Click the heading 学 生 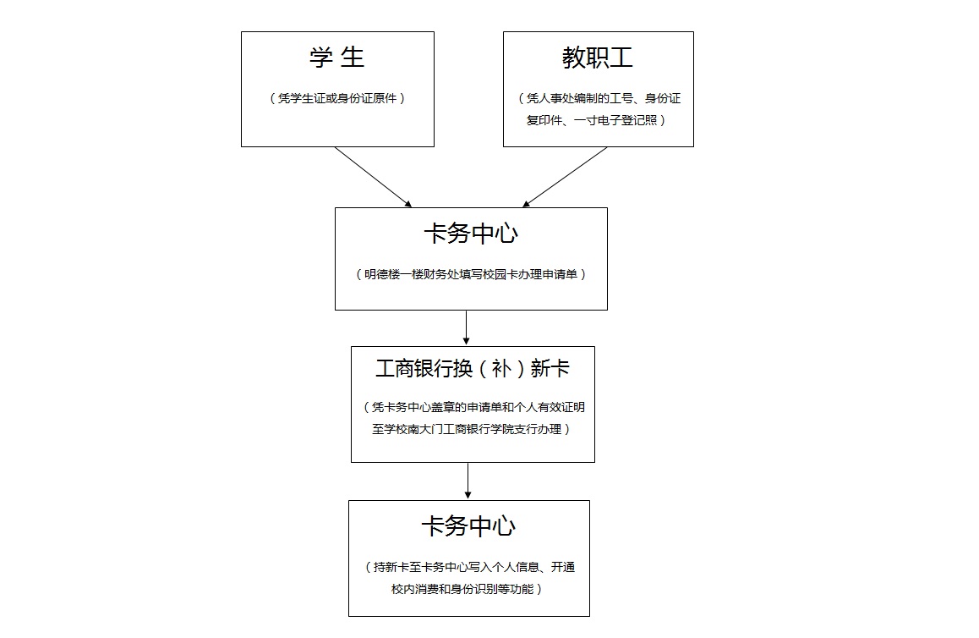(x=336, y=58)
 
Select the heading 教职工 (x=598, y=58)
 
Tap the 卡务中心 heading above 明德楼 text (x=471, y=234)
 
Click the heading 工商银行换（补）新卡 (x=473, y=368)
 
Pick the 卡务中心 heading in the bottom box (x=468, y=526)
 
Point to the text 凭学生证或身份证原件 (x=337, y=98)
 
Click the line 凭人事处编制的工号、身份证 (x=603, y=98)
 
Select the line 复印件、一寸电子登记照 (x=591, y=120)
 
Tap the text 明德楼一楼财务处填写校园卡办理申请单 (x=471, y=274)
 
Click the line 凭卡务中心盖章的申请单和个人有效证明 (x=479, y=407)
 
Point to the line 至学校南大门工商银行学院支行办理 (x=467, y=429)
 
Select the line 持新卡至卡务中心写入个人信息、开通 (x=474, y=568)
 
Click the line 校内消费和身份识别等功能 (x=462, y=589)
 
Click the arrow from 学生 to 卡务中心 (x=374, y=177)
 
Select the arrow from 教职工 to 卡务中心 (x=565, y=177)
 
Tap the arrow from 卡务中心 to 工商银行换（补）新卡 (x=466, y=327)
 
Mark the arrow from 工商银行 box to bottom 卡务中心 (x=468, y=481)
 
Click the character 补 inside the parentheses (x=501, y=368)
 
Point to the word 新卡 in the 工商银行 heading (x=550, y=368)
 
